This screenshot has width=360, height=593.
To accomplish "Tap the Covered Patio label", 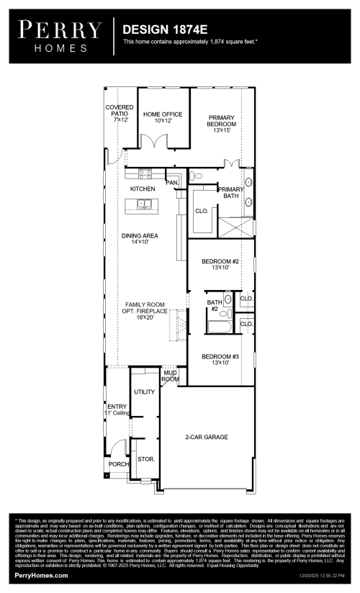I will point(120,112).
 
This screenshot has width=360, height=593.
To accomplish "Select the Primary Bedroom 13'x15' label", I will point(222,124).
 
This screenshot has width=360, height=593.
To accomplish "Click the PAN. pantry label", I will point(172,183).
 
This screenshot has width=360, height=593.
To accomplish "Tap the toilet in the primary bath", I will point(197,176).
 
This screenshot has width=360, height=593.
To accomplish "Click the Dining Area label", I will point(140,239).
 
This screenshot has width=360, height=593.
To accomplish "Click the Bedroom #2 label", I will point(220,263).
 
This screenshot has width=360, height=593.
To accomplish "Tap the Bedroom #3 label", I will point(220,360).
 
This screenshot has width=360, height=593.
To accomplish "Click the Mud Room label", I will point(171,376).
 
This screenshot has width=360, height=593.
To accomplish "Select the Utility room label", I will point(145,391).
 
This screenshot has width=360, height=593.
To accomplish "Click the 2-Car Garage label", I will point(206,437).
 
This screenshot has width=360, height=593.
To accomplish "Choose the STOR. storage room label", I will point(145,458).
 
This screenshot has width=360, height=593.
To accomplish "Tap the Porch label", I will point(118,464).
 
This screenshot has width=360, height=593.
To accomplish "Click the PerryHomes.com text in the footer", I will point(42,576).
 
